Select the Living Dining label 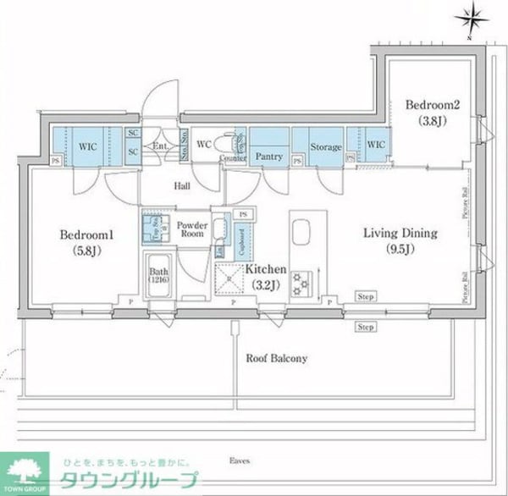[400, 233]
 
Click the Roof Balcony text [277, 358]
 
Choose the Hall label [181, 186]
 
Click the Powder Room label [192, 229]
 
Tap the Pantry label [268, 157]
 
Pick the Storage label [325, 147]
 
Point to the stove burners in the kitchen [302, 283]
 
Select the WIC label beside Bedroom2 [375, 145]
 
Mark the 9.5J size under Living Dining [400, 249]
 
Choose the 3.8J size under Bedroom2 [432, 120]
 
